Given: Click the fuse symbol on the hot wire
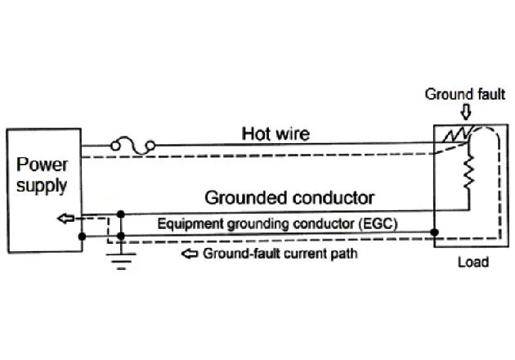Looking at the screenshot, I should [133, 146].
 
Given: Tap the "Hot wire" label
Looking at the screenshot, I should [275, 133].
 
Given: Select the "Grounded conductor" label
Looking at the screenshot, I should [289, 197].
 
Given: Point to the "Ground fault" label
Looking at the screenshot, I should [464, 94].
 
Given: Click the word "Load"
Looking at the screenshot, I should [472, 263].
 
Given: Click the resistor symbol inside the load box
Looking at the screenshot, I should [469, 174].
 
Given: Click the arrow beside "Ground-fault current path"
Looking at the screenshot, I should [190, 254].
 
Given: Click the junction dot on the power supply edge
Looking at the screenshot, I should [82, 237].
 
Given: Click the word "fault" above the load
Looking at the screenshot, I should [490, 94].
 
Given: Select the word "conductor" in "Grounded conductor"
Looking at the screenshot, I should [336, 197].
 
